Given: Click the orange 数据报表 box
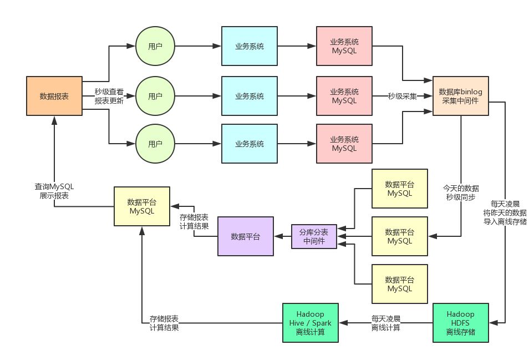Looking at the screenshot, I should click(x=54, y=96).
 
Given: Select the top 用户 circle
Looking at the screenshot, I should click(x=155, y=46).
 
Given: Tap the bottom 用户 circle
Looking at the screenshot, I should click(x=155, y=144).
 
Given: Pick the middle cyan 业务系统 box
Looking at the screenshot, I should click(x=249, y=96).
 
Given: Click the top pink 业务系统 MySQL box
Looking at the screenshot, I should click(x=344, y=46).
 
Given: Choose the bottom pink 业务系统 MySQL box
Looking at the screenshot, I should click(x=344, y=144).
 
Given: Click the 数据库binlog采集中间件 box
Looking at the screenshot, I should click(x=461, y=96).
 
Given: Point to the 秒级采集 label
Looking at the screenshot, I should click(x=403, y=96).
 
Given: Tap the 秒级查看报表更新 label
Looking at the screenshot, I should click(x=109, y=97).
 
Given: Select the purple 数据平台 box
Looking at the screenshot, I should click(x=245, y=236).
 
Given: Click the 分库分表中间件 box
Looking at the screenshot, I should click(x=314, y=236).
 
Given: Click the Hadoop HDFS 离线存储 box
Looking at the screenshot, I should click(x=461, y=322).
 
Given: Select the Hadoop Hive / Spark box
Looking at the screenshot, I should click(x=310, y=322).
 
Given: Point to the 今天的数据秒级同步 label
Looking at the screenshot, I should click(x=461, y=192).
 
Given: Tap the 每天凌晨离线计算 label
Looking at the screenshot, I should click(x=386, y=323).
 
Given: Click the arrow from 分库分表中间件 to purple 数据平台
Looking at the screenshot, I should click(x=283, y=236).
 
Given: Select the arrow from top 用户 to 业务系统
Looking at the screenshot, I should click(x=198, y=46).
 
